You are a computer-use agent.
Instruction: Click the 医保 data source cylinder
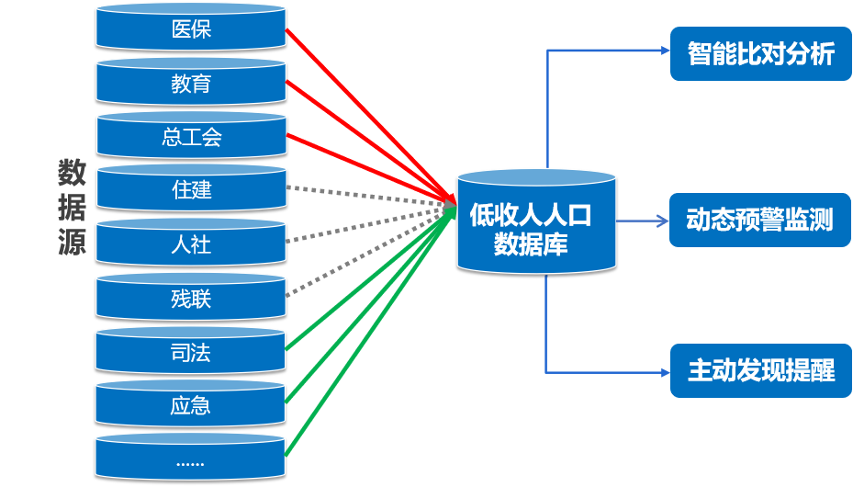191,29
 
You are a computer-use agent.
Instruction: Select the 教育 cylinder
191,84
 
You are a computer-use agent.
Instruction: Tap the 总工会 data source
191,137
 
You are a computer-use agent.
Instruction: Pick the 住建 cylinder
191,190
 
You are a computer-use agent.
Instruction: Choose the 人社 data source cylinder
191,244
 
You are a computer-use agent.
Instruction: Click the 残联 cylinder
191,298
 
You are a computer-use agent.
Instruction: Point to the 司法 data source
191,352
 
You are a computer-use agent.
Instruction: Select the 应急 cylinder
191,405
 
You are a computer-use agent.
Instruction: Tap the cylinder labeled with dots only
191,459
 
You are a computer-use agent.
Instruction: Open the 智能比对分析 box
761,53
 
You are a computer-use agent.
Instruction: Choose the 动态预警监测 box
761,221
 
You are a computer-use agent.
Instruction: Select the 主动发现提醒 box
761,370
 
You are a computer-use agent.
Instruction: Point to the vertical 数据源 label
72,208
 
